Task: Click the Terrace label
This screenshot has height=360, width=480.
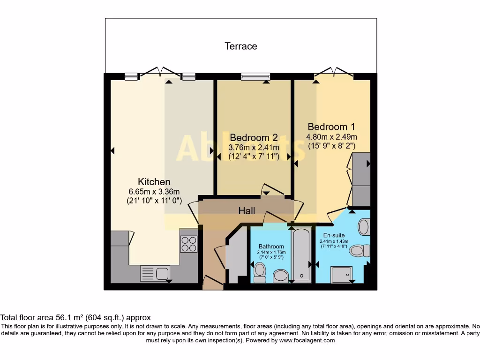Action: pyautogui.click(x=241, y=46)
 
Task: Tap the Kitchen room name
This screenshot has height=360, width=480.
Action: pyautogui.click(x=154, y=181)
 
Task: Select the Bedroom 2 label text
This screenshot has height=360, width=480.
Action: pyautogui.click(x=254, y=138)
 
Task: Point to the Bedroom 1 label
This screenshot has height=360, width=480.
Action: pyautogui.click(x=331, y=127)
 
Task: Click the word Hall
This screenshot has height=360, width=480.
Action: pyautogui.click(x=247, y=211)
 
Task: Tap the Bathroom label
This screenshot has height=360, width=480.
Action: pyautogui.click(x=271, y=247)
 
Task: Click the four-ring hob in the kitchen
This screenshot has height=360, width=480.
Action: pyautogui.click(x=189, y=244)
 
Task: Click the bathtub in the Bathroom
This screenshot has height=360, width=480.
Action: pyautogui.click(x=301, y=255)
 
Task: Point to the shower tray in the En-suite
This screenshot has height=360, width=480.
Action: pyautogui.click(x=342, y=274)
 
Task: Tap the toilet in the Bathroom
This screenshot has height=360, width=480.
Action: pyautogui.click(x=260, y=270)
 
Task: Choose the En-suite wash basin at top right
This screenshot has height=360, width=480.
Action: pyautogui.click(x=364, y=228)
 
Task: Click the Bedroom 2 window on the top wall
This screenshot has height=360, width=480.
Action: pyautogui.click(x=256, y=76)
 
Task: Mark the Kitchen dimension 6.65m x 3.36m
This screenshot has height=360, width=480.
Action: pyautogui.click(x=154, y=191)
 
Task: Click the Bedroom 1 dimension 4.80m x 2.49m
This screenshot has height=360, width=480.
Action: pyautogui.click(x=331, y=137)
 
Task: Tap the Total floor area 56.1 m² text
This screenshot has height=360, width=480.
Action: pyautogui.click(x=75, y=317)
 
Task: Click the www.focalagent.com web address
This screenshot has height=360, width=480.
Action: pyautogui.click(x=307, y=340)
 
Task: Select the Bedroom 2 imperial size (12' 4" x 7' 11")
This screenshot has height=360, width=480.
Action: pyautogui.click(x=254, y=157)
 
